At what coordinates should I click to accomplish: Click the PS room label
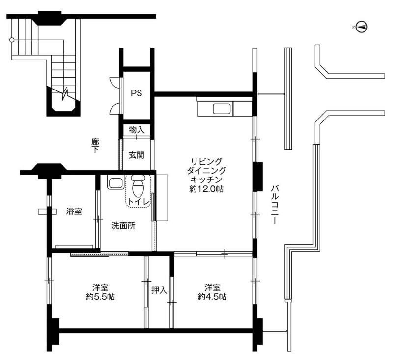(137, 93)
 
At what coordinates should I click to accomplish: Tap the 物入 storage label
(137, 130)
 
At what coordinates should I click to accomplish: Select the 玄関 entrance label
(137, 155)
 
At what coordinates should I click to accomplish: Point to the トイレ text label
(139, 202)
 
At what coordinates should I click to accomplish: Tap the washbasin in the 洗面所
(115, 182)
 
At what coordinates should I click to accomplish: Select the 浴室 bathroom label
(74, 211)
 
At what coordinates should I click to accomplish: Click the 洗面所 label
(123, 226)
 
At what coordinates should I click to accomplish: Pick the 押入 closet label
(159, 290)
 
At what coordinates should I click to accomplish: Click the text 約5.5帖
(101, 297)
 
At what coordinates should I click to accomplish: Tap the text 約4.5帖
(212, 297)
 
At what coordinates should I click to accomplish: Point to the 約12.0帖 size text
(206, 189)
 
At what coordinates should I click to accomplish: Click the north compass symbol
(362, 27)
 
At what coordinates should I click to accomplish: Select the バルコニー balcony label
(275, 205)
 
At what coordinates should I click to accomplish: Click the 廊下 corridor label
(95, 146)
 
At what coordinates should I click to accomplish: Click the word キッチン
(206, 180)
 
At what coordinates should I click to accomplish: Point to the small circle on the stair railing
(11, 40)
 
